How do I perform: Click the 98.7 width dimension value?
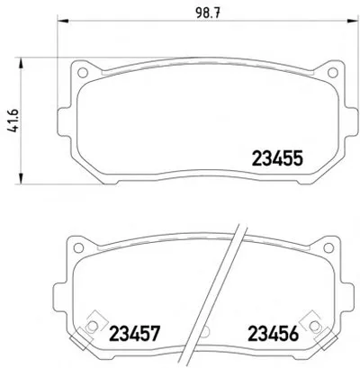pyautogui.click(x=208, y=13)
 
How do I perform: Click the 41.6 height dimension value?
pyautogui.click(x=13, y=121)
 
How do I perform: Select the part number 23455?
pyautogui.click(x=277, y=158)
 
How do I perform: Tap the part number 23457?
pyautogui.click(x=134, y=333)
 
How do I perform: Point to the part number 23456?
pyautogui.click(x=273, y=333)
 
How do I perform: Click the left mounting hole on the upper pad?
pyautogui.click(x=82, y=72)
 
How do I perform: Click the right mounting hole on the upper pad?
pyautogui.click(x=332, y=72)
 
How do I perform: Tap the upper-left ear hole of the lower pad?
pyautogui.click(x=78, y=247)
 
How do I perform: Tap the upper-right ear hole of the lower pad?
pyautogui.click(x=328, y=247)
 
